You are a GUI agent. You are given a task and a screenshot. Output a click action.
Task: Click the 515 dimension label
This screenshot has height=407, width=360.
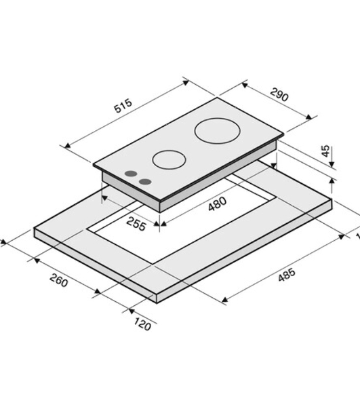pos(123,106)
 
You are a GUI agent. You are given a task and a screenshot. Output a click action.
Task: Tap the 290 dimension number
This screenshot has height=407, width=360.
pos(279,94)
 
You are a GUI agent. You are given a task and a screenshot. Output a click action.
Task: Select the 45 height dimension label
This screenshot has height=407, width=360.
pos(325,151)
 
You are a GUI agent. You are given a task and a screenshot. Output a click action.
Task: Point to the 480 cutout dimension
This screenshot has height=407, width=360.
pos(218,203)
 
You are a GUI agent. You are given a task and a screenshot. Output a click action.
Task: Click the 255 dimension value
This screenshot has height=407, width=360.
pos(136,224)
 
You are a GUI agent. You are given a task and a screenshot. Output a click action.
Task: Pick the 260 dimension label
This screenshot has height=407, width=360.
pos(59,280)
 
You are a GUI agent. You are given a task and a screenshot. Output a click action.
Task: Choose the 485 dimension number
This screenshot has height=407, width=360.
pos(287,274)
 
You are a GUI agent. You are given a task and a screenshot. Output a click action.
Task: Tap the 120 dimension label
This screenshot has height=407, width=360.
pos(142,324)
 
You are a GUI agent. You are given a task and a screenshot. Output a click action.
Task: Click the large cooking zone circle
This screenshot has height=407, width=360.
pos(217,131)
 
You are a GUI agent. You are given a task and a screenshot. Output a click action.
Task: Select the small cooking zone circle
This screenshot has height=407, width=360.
pos(169,159)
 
